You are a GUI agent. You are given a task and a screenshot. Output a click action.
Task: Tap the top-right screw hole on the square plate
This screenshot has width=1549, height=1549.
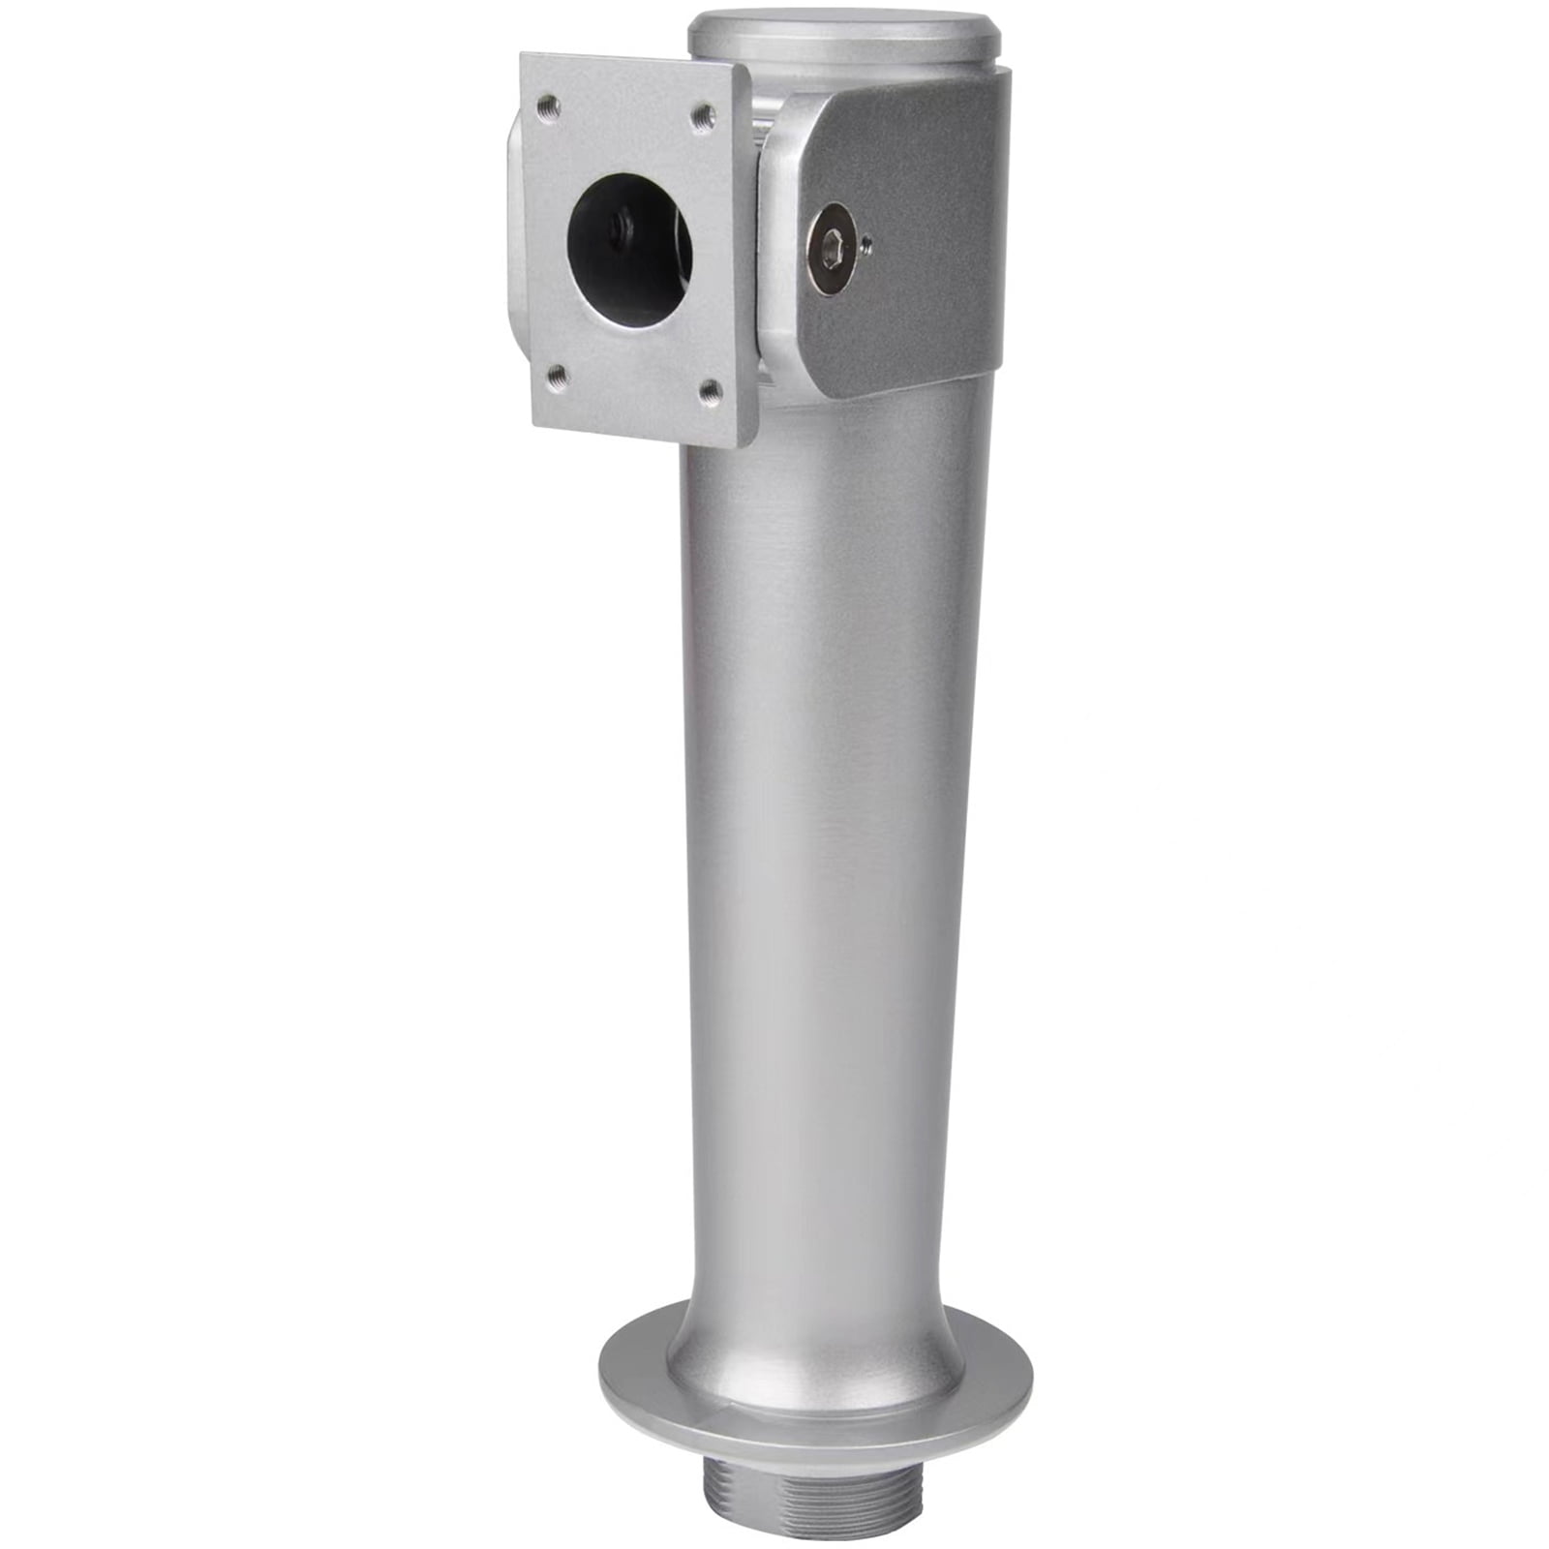(x=705, y=118)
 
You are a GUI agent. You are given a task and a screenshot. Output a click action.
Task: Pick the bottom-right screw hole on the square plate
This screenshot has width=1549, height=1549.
(x=710, y=390)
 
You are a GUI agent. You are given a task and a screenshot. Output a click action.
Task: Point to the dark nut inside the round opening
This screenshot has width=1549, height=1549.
(x=616, y=228)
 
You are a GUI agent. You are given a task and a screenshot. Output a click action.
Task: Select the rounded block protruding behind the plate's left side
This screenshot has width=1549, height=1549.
(x=513, y=242)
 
